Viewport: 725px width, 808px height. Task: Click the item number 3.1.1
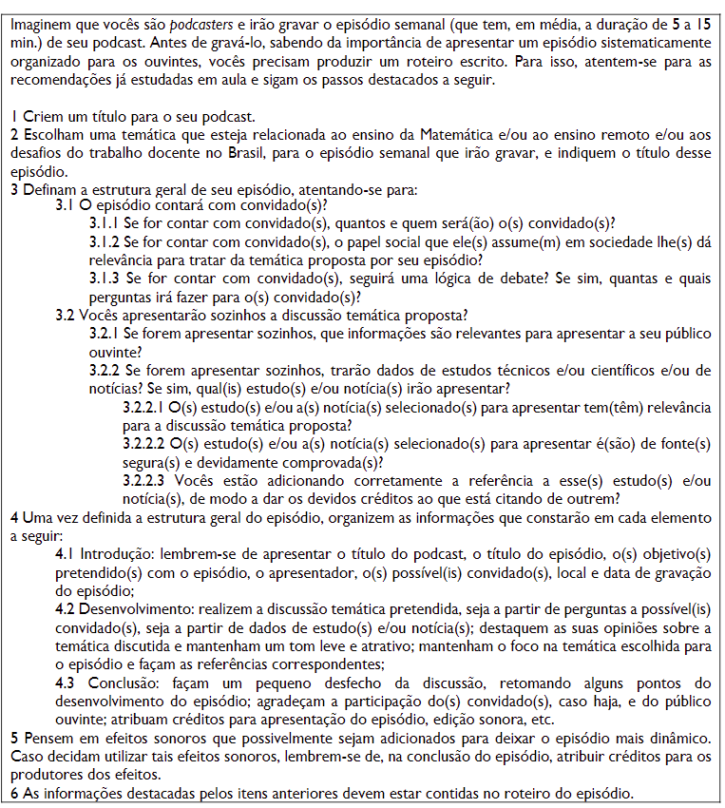click(x=104, y=223)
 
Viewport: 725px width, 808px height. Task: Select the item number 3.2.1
click(x=104, y=334)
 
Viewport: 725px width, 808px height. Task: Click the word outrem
click(x=593, y=497)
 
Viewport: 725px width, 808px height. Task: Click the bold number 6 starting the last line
click(x=14, y=792)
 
